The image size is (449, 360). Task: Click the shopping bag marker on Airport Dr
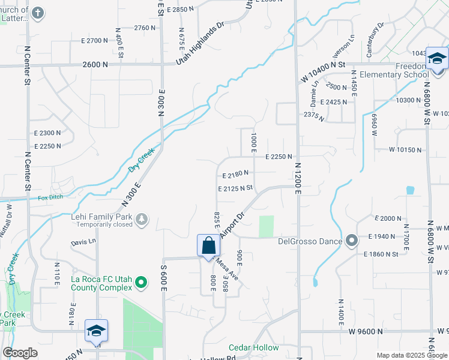click(208, 246)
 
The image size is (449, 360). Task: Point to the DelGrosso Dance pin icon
click(352, 241)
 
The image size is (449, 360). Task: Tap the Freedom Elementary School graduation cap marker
click(436, 58)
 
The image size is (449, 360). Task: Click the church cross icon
click(38, 13)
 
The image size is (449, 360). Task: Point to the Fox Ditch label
click(50, 197)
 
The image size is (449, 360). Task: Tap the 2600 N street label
click(96, 64)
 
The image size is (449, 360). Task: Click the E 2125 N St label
click(236, 188)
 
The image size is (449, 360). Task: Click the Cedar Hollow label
click(254, 347)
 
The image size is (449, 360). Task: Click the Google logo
click(20, 353)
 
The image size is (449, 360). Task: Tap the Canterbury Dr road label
click(376, 40)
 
